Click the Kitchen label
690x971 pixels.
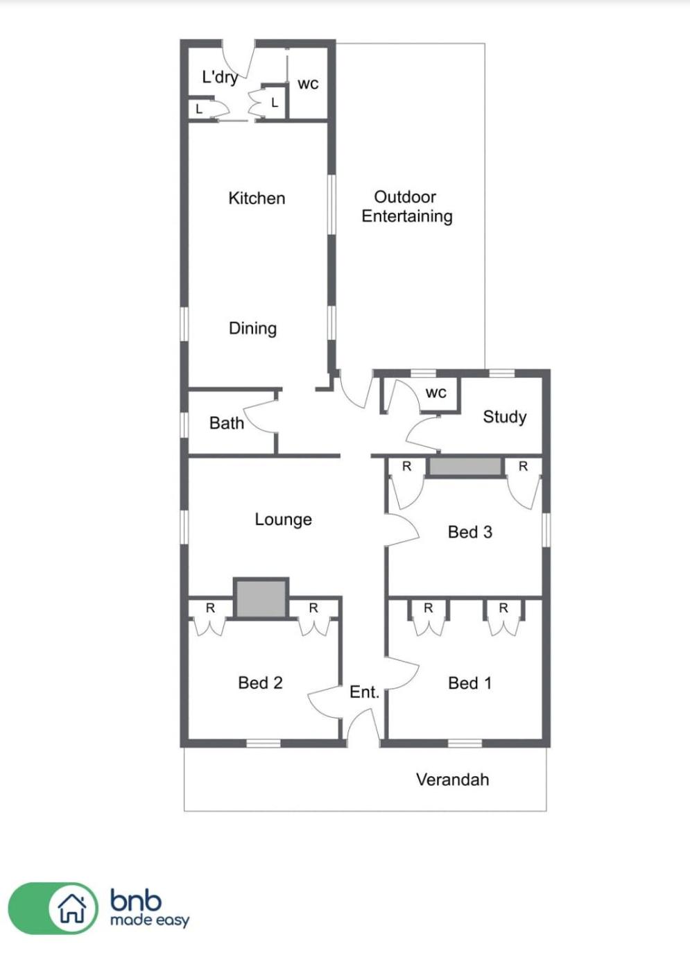(x=257, y=198)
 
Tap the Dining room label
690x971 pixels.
(x=252, y=329)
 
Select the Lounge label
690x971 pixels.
(x=283, y=519)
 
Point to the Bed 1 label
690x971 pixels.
(x=470, y=683)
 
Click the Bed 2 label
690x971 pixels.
(x=260, y=683)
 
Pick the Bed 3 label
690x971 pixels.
(x=470, y=533)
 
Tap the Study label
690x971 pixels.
(x=505, y=417)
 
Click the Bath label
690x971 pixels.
(x=226, y=423)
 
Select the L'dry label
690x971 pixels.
(x=220, y=77)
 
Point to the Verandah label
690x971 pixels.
(x=452, y=780)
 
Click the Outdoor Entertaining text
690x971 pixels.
(x=406, y=207)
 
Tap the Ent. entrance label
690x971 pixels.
(x=364, y=692)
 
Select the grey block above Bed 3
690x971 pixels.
(x=465, y=467)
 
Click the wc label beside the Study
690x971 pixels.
(x=436, y=393)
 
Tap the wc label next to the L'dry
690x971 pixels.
(x=308, y=84)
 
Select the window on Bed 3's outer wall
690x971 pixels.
(x=546, y=530)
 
